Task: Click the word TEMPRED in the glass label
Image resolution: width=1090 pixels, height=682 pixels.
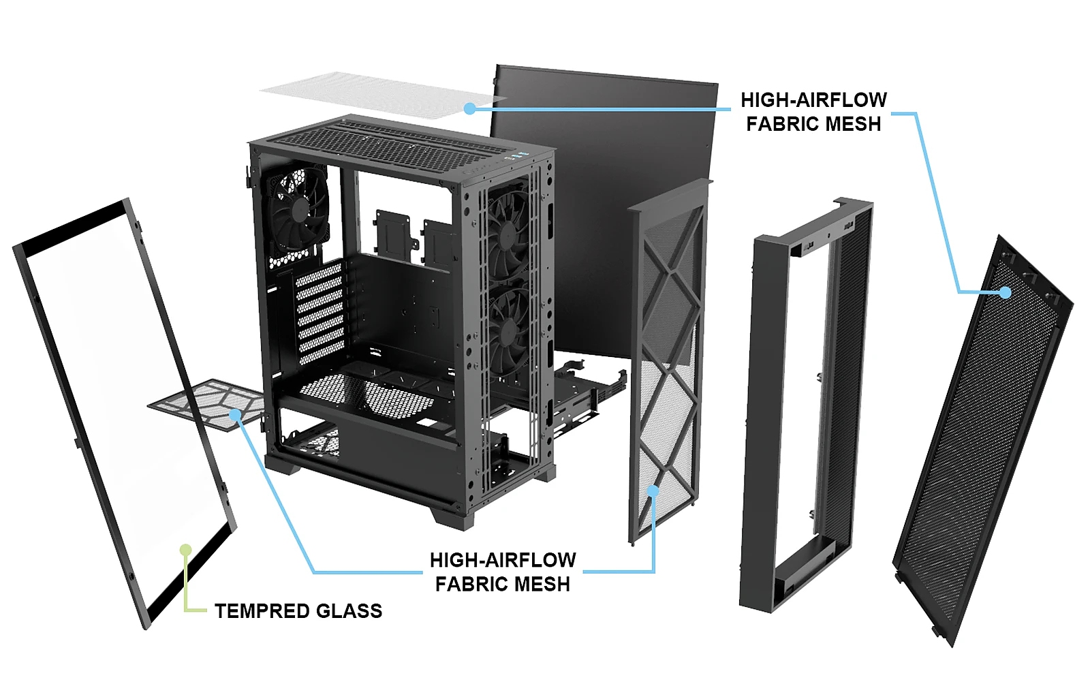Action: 262,611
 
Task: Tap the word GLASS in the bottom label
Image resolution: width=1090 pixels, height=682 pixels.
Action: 349,611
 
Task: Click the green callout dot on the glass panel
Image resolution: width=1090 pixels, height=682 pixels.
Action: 185,550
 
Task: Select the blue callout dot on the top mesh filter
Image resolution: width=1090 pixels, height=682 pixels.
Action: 469,108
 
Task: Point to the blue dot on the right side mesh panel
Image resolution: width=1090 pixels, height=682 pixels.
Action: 1006,292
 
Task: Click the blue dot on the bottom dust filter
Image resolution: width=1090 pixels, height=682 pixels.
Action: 236,415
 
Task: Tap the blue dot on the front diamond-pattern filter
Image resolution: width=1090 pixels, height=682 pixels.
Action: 653,491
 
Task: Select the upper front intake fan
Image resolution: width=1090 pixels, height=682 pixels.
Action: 508,234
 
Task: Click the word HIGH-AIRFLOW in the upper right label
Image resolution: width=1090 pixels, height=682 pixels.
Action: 813,99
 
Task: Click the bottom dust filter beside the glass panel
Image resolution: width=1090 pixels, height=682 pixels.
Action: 207,401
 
